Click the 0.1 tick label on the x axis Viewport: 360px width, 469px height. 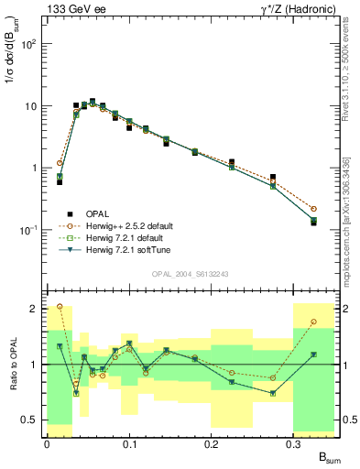click(128, 442)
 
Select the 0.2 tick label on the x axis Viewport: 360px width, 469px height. click(211, 442)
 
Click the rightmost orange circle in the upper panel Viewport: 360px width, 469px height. click(313, 209)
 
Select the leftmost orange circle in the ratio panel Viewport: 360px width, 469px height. click(60, 306)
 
